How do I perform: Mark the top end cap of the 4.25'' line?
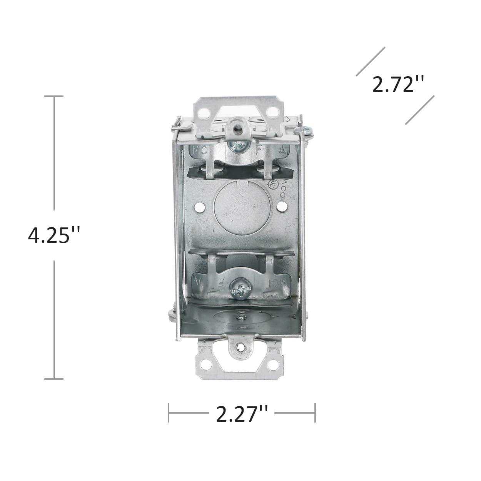tap(54, 96)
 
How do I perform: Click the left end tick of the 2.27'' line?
tap(169, 413)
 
